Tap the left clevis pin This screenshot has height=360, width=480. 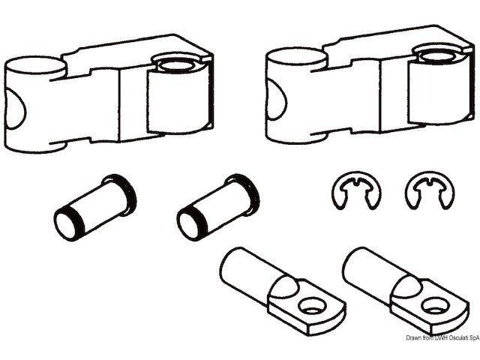pos(95,208)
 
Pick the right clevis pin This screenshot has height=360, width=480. pos(218,208)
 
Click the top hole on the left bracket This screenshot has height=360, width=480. pos(175,65)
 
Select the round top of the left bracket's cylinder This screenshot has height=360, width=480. pos(35,65)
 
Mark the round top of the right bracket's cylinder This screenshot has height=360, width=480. pos(297,56)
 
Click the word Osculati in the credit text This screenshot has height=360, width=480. pos(457,337)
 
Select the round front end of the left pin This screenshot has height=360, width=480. pos(65,225)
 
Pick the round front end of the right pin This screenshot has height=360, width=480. pos(188,225)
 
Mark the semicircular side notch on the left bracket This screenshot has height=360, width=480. pos(15,109)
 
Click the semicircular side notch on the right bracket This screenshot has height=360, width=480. pos(276,100)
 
